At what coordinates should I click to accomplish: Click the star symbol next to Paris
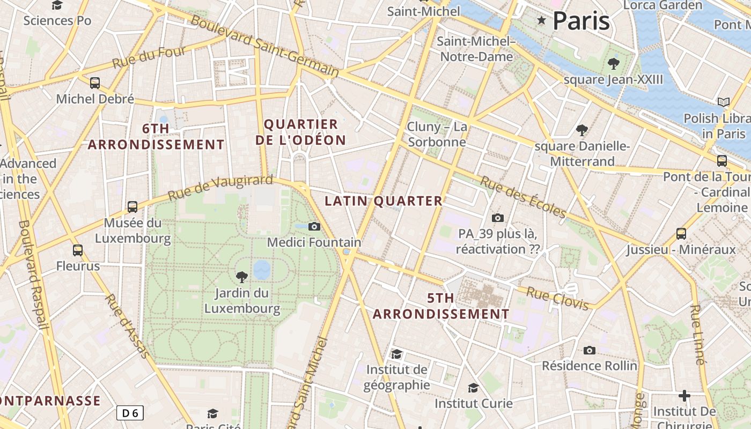click(541, 21)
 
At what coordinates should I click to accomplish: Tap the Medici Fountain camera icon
click(314, 227)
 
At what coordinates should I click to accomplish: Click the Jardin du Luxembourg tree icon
click(242, 277)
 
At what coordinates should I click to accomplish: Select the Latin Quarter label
click(384, 201)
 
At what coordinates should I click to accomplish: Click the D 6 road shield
click(130, 413)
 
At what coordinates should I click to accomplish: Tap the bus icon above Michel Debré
click(95, 83)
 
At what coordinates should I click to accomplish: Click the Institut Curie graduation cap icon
click(473, 388)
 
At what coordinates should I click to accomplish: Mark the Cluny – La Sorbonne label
click(437, 135)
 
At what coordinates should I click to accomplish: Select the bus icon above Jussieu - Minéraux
click(681, 234)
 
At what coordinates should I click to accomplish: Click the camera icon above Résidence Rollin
click(590, 350)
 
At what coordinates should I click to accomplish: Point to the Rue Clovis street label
click(558, 299)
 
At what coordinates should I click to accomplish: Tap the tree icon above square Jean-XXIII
click(613, 64)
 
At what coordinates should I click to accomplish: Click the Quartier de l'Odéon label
click(300, 132)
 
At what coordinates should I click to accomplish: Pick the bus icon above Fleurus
click(78, 250)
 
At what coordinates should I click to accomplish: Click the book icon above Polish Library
click(724, 102)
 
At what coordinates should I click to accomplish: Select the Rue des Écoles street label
click(522, 197)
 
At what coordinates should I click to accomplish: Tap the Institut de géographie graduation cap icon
click(396, 354)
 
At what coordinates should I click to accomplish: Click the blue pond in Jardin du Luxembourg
click(262, 270)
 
